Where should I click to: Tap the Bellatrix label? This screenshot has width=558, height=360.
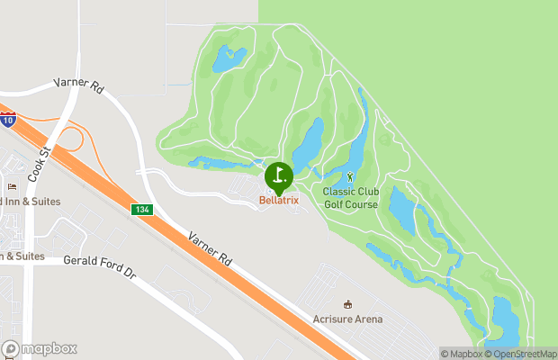click(279, 200)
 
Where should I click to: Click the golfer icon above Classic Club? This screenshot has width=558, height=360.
click(350, 176)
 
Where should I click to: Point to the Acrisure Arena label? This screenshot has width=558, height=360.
click(347, 319)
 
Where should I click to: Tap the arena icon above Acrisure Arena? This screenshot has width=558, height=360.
click(348, 303)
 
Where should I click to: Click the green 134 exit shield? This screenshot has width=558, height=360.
click(142, 210)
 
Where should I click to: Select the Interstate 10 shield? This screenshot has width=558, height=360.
click(6, 121)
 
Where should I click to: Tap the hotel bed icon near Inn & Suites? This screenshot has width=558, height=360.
click(12, 186)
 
